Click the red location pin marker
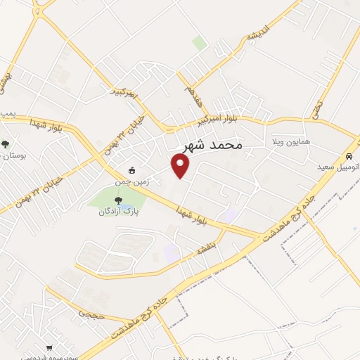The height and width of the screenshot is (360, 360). tap(181, 166)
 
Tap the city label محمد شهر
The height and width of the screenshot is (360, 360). tap(212, 144)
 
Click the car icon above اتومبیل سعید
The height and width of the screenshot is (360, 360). tap(348, 156)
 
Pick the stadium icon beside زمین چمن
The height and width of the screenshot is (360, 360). tap(131, 169)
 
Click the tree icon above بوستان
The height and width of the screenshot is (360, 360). tap(6, 144)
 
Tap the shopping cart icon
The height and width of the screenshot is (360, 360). tap(49, 347)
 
